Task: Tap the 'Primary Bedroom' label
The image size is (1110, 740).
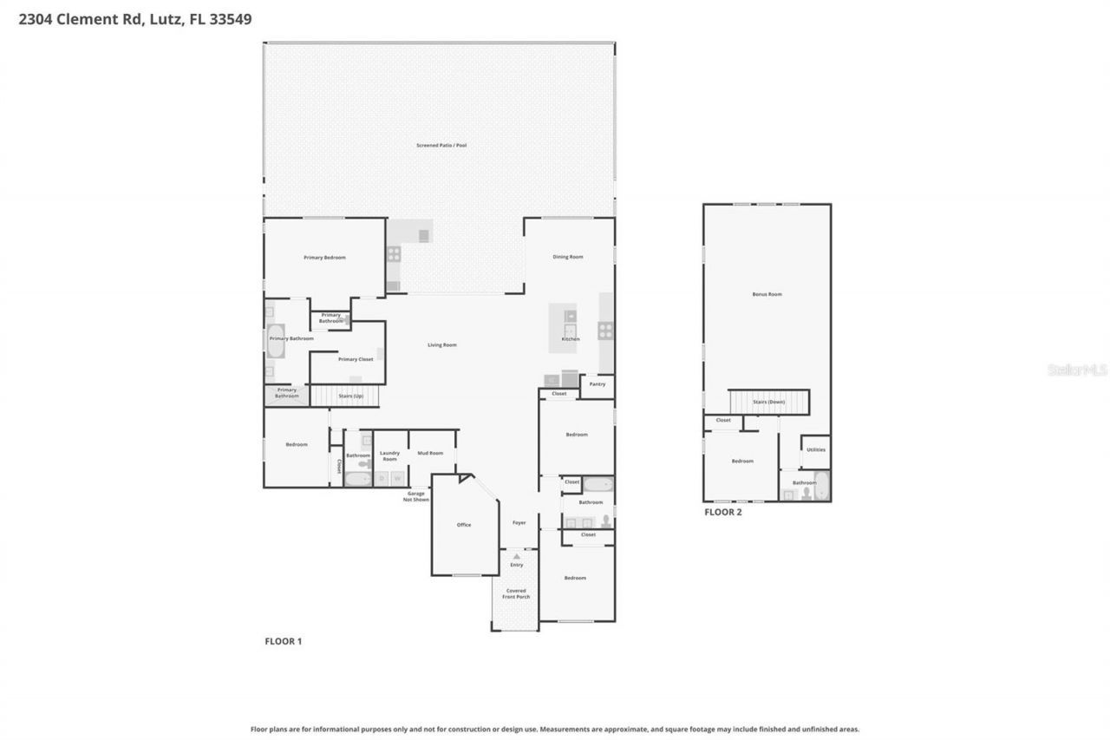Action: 324,258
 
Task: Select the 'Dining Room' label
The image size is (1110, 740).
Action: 568,257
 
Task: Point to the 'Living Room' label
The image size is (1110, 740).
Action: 441,345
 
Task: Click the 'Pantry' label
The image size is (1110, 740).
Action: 597,383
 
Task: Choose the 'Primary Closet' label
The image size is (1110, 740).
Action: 356,359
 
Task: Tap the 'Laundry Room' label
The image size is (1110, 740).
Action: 390,455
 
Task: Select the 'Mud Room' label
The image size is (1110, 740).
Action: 430,453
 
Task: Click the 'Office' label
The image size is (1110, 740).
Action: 464,525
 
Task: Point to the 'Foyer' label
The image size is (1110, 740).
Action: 519,522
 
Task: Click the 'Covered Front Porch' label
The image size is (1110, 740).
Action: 516,594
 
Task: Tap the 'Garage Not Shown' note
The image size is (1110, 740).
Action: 416,496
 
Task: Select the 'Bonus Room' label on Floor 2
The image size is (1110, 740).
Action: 767,294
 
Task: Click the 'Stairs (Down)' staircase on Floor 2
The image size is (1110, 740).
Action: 768,403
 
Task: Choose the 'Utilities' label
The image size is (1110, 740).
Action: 815,449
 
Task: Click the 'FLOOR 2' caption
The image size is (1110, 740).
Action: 722,512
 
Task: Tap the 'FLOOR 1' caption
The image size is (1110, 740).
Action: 283,641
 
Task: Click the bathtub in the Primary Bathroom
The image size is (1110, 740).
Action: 275,342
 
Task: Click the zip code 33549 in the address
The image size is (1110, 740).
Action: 228,18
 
